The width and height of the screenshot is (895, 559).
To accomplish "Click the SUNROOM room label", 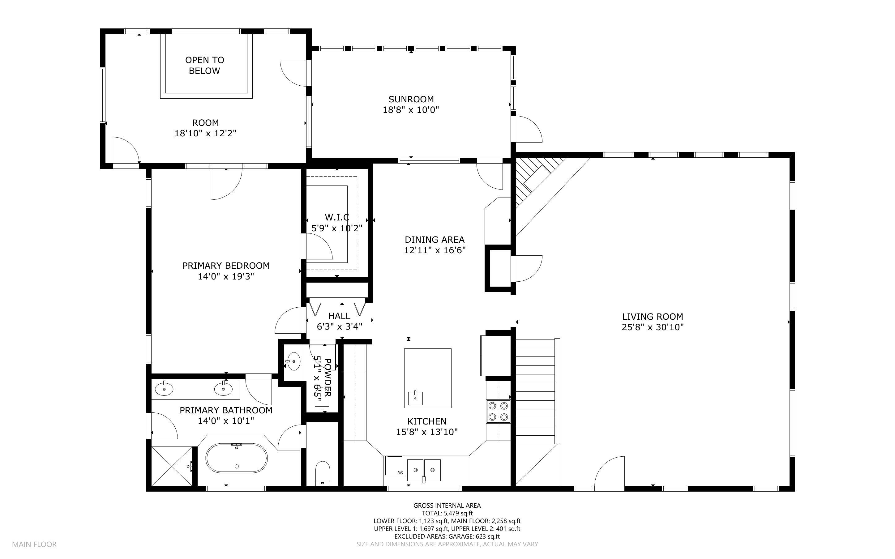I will (x=411, y=99).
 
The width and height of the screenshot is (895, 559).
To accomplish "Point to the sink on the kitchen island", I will (x=416, y=398).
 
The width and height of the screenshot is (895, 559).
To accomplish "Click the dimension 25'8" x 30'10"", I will (x=653, y=327).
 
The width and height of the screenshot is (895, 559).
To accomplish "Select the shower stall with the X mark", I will (x=172, y=466).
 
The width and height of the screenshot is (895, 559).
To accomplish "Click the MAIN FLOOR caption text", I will (x=34, y=544).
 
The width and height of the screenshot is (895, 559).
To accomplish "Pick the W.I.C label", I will (x=337, y=217).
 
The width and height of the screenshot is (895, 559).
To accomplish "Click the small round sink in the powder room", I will (x=293, y=361).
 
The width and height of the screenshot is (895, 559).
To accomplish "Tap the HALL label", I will (x=339, y=316).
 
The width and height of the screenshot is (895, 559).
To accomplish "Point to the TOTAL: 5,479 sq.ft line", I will (x=447, y=513).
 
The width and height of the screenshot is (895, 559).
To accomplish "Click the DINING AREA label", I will (x=435, y=240).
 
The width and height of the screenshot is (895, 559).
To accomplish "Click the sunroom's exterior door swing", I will (x=528, y=130).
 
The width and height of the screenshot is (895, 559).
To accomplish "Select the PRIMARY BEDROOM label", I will (x=226, y=266).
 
